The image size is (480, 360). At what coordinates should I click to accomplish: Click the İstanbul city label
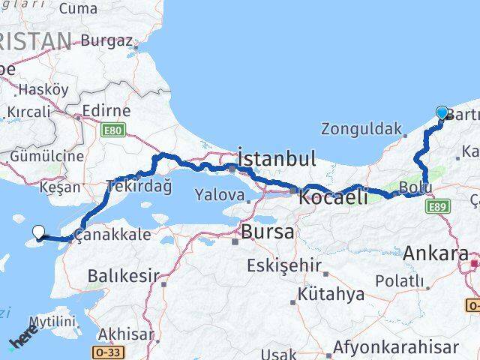tap(276, 158)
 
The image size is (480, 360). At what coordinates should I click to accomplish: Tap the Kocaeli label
tap(333, 198)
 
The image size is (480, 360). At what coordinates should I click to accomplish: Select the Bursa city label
tap(267, 232)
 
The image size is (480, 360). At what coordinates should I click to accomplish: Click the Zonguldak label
tap(356, 128)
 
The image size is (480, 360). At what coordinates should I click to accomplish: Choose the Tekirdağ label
tap(139, 185)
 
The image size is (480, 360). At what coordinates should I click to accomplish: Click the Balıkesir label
tap(123, 275)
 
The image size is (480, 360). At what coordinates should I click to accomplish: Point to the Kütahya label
tap(325, 294)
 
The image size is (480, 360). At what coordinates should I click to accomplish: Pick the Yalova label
tap(220, 195)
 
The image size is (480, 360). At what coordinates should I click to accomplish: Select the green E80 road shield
tap(113, 130)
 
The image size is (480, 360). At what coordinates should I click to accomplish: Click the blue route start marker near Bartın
tap(442, 113)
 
